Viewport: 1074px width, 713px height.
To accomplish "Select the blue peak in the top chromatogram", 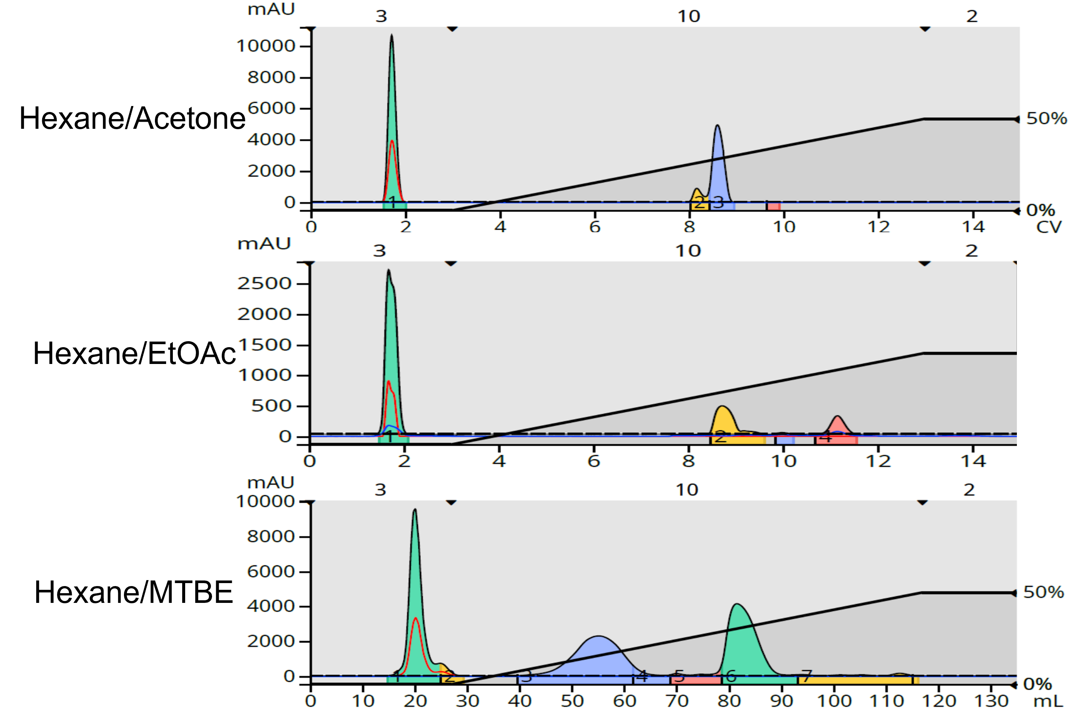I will [718, 168].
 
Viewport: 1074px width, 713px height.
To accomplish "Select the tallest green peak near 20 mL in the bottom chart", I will [415, 591].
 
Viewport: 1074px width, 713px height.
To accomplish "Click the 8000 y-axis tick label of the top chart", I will [271, 77].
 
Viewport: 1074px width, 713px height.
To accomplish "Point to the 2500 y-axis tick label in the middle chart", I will [264, 283].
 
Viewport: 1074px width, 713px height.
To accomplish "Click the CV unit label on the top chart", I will [1049, 227].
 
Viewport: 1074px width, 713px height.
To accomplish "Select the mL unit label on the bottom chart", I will [1049, 701].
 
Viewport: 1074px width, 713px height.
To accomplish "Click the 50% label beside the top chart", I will [1047, 119].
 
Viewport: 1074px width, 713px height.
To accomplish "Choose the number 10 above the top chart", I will [689, 17].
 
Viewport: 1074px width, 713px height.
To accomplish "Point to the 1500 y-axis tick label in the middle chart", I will [264, 345].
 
